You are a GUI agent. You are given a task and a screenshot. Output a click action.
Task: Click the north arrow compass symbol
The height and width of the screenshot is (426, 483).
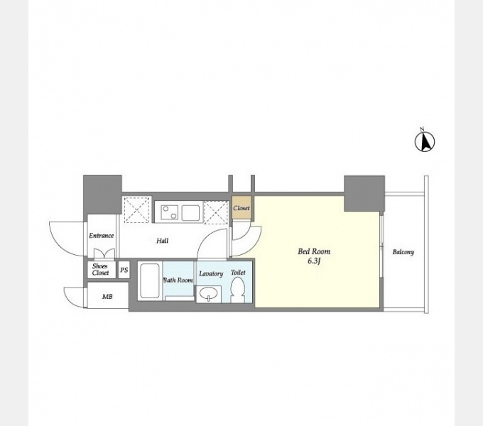point(425,141)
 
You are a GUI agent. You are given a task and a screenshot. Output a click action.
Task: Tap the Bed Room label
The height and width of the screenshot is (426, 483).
point(314,251)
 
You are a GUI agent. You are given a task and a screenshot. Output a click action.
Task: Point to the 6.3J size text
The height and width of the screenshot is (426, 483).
point(314,261)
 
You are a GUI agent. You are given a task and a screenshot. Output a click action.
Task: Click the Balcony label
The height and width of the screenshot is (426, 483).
point(403,252)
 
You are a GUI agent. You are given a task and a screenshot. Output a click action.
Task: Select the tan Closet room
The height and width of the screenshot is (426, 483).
point(241,208)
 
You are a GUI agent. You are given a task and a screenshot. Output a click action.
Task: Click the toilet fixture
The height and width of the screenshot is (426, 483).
point(237,290)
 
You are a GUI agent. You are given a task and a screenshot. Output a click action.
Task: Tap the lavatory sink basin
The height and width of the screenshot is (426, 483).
point(209,293)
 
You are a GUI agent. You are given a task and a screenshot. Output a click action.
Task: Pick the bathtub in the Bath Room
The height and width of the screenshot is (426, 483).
point(150,280)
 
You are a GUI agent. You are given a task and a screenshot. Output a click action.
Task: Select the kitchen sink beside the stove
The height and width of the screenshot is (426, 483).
point(190,213)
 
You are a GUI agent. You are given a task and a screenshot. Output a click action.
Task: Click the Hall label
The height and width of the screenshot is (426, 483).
point(163,241)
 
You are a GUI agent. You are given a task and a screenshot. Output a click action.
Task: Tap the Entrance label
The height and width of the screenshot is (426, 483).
point(102,236)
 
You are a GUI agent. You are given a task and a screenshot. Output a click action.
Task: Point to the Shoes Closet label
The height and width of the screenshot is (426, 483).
point(100,269)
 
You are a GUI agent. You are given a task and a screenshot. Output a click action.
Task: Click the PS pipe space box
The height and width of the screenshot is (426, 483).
point(124,270)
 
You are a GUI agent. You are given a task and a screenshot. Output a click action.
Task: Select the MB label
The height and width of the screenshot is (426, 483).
point(107,297)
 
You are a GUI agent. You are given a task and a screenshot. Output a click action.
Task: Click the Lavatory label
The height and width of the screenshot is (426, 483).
point(211,273)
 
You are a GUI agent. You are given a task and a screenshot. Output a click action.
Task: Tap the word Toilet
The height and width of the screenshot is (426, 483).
point(238,273)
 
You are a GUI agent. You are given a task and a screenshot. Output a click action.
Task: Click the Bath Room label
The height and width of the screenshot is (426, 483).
point(178,280)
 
